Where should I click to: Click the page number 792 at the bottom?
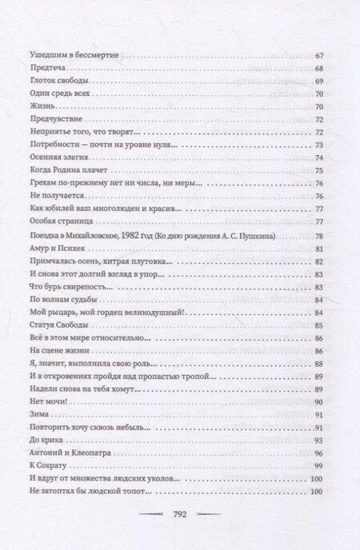point(180,517)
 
